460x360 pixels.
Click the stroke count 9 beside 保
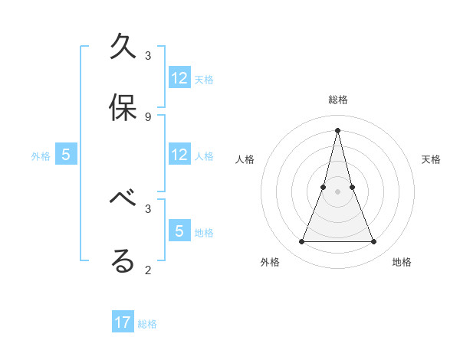(148, 116)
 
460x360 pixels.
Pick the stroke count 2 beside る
(148, 269)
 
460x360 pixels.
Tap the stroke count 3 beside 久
(148, 56)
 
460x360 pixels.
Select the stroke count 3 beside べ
(148, 208)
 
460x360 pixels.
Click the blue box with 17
(123, 322)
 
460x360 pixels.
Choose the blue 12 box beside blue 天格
(179, 78)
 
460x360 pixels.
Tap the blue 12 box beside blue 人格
(179, 155)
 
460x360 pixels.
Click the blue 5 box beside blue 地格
(179, 231)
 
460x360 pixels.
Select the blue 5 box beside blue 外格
(66, 155)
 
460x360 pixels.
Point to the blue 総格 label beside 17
(148, 324)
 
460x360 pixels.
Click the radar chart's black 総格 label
(338, 100)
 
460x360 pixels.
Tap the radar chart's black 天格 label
(431, 159)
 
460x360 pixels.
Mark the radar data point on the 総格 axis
(337, 129)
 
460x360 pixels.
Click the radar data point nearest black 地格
(374, 242)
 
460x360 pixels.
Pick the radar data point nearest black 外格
(301, 242)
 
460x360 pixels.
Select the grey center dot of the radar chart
(337, 191)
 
